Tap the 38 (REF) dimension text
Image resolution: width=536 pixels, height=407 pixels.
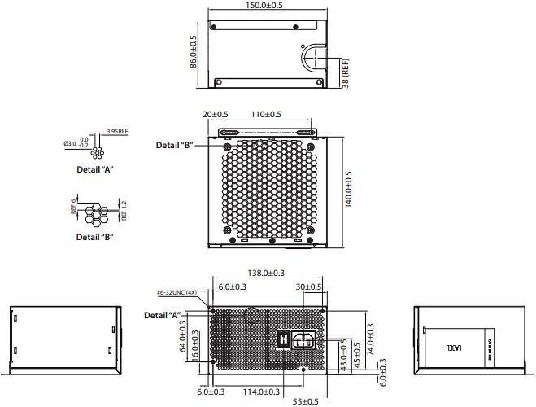tap(346, 72)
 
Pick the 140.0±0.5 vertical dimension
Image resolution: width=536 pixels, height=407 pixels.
tap(348, 189)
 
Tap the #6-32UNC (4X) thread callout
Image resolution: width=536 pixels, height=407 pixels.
tap(177, 292)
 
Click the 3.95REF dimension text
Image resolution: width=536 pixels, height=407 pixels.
tap(117, 131)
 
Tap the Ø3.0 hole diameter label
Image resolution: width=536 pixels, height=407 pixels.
tap(69, 144)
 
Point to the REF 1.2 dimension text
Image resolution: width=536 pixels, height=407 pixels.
tap(124, 211)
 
